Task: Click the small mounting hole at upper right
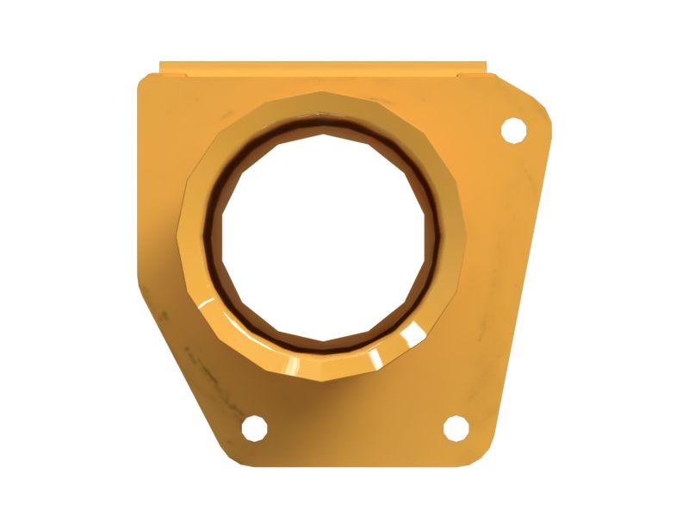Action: point(513,129)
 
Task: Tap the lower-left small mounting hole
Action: point(254,427)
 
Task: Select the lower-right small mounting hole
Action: point(456,427)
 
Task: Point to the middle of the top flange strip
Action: point(323,67)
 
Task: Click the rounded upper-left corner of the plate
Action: point(145,81)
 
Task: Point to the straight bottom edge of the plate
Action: point(362,466)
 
